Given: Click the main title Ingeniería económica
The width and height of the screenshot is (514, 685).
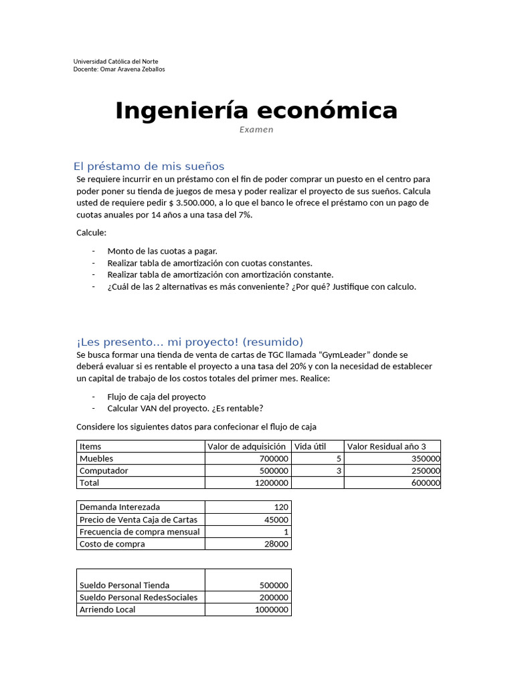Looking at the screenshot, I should (256, 110).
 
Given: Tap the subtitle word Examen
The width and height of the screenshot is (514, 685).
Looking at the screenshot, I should (256, 130).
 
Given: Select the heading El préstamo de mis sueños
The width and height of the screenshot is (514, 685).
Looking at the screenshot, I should (149, 166).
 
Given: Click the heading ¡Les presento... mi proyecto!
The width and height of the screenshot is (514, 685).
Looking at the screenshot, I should (190, 342).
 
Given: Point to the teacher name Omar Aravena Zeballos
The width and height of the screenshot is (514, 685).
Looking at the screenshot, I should (132, 69).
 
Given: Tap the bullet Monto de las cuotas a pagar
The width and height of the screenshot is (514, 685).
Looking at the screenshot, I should (162, 251).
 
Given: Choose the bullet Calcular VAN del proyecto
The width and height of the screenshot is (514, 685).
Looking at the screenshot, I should (185, 408).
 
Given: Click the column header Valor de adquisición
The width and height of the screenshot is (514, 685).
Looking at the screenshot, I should (246, 447).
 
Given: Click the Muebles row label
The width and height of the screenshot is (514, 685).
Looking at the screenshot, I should (96, 459).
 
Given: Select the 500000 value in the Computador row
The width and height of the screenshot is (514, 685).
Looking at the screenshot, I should (274, 471).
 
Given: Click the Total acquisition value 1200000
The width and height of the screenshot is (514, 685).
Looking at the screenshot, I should (271, 483).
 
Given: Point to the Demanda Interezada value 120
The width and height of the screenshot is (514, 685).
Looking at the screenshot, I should (281, 507).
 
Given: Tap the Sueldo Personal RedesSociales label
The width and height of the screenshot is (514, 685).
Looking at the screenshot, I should (139, 597).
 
